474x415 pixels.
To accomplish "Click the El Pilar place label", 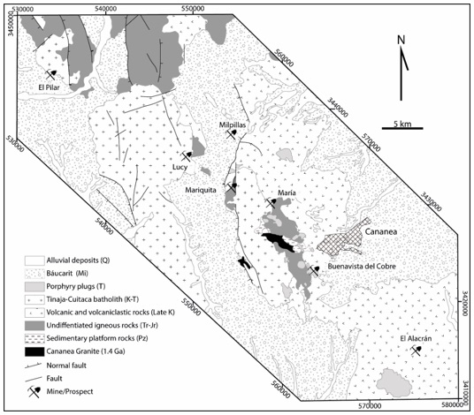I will (53, 87).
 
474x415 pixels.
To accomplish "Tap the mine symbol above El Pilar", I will (52, 73).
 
